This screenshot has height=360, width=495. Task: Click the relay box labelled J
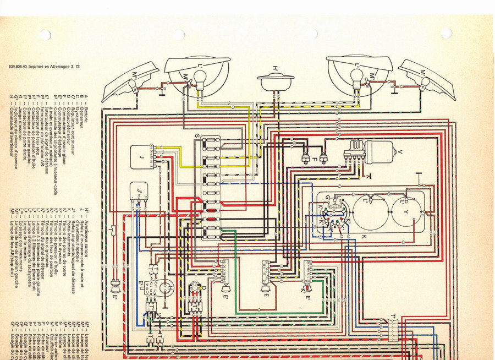[x=141, y=157]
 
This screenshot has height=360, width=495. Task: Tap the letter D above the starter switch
[x=203, y=287]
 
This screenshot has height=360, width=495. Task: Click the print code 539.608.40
[x=20, y=67]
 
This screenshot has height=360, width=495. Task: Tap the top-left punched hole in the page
[x=45, y=34]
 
